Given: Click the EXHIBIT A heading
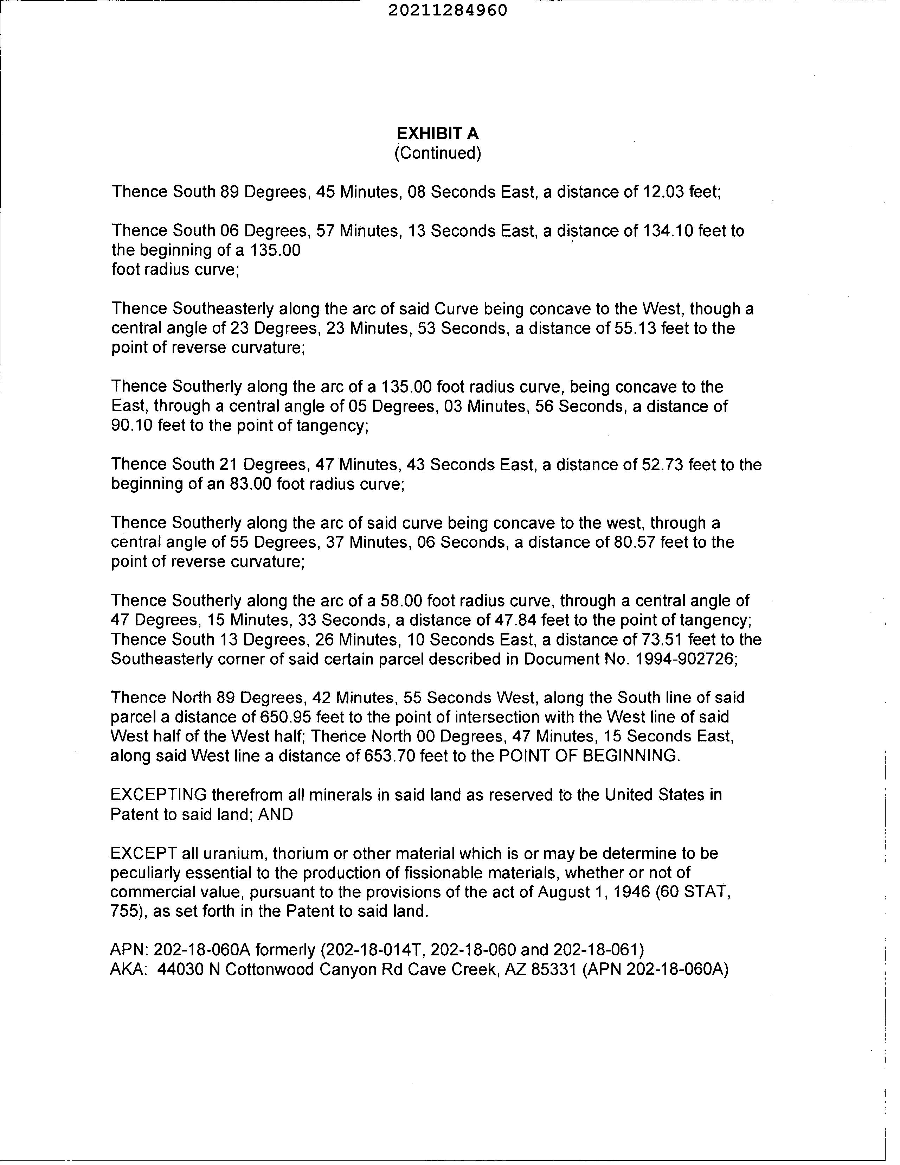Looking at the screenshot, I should [x=438, y=133].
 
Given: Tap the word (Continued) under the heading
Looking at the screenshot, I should [x=438, y=153].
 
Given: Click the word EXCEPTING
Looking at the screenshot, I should [x=158, y=795].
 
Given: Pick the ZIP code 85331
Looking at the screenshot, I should [x=554, y=969].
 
